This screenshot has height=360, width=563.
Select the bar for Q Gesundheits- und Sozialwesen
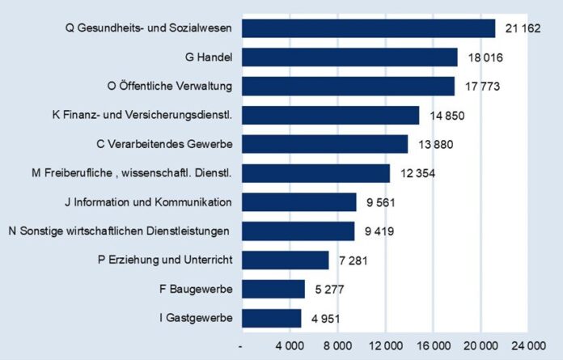pos(368,28)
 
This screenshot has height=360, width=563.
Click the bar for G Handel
pos(349,57)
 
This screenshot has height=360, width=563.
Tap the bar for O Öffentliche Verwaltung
pos(348,86)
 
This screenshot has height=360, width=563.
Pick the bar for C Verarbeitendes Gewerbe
pos(324,144)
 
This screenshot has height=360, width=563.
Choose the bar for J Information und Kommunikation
pos(298,202)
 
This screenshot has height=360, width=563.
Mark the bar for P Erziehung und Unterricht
pos(285,260)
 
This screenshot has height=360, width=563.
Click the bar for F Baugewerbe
pos(273,289)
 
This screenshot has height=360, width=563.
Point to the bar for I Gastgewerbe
pos(271,318)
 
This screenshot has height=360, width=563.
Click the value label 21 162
pos(521,28)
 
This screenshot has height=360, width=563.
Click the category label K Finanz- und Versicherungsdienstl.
pos(142,116)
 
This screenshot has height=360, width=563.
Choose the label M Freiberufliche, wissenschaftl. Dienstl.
pos(131,173)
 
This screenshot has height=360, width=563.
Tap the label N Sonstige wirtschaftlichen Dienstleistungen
pos(120,231)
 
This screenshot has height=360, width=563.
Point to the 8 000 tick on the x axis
pos(337,345)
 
